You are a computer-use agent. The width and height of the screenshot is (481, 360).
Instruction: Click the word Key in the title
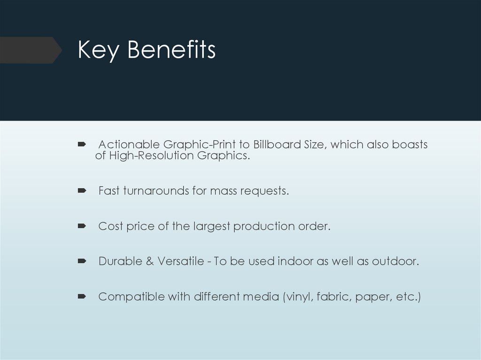[98, 50]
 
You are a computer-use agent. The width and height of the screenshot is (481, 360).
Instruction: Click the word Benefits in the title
[171, 50]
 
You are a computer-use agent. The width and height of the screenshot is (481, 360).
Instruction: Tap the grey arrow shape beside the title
[31, 50]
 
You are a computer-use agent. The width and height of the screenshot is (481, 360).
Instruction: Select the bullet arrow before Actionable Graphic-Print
[81, 144]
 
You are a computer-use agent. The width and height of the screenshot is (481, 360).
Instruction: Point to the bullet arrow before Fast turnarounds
[81, 191]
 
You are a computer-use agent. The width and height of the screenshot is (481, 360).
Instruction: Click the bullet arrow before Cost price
[81, 226]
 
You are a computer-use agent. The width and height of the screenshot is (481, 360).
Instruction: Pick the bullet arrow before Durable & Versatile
[81, 261]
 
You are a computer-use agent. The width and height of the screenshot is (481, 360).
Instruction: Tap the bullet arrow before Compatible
[81, 296]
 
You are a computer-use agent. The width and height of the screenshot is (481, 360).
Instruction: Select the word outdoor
[395, 261]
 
